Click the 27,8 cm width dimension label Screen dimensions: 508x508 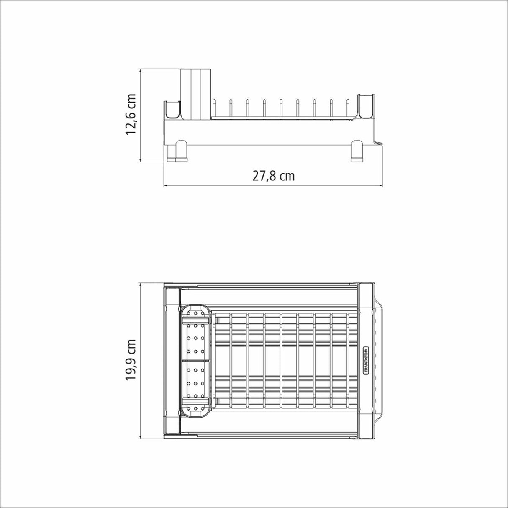point(273,176)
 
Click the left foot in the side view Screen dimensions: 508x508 point(177,151)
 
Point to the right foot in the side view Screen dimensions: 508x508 point(357,151)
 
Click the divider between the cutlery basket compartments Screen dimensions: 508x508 point(195,360)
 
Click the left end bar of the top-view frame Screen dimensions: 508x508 point(172,360)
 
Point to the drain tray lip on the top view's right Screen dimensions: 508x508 point(379,360)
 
